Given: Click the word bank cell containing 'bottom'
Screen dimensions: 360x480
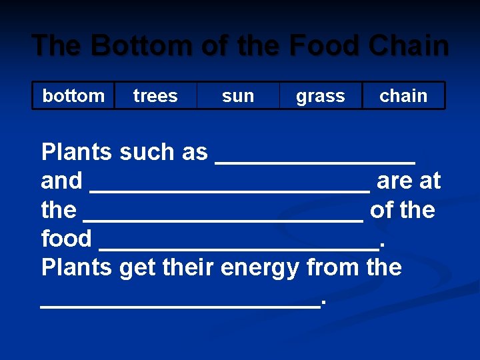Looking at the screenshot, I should point(73,95).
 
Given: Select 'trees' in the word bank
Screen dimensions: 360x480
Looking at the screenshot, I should point(155,95).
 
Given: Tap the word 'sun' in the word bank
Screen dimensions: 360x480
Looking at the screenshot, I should point(238,95).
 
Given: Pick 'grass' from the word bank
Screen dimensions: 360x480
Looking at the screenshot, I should point(321,95).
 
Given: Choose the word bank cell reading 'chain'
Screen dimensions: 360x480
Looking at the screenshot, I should point(403,95).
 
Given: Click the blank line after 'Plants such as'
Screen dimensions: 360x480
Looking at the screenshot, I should point(315,160).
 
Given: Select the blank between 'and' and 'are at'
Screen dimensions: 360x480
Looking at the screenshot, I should point(229,189).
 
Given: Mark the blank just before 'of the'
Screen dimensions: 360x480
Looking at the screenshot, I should point(223,217).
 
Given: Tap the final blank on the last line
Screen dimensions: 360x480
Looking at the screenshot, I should point(180,303).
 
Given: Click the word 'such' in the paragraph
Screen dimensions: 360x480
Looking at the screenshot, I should point(141,152).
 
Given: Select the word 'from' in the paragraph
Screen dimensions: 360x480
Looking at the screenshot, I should point(333,267).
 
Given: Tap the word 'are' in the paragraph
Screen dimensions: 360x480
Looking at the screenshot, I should point(395,181).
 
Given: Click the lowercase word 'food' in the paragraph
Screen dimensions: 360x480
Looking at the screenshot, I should point(67,238).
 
